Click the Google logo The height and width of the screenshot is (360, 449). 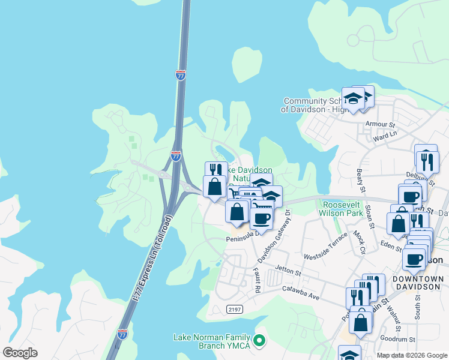[x=20, y=353]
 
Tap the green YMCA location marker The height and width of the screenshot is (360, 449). [x=259, y=341]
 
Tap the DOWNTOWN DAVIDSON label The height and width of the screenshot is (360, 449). [x=418, y=278]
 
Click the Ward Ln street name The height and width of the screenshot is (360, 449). [x=382, y=136]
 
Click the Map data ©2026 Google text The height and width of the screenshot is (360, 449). [x=412, y=355]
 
